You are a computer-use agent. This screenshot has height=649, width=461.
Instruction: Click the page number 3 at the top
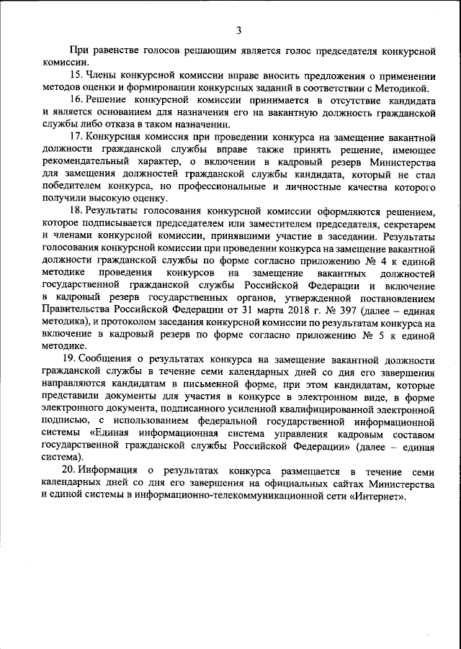[238, 29]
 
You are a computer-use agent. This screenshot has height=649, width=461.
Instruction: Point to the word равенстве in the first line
[114, 52]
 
